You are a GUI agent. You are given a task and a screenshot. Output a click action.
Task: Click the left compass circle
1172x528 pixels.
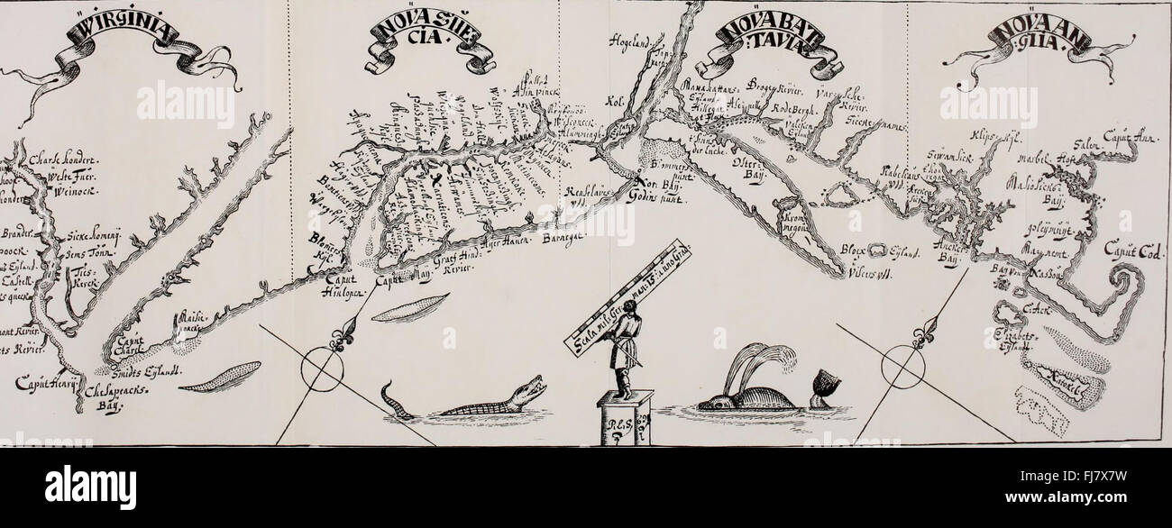[x=321, y=369]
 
